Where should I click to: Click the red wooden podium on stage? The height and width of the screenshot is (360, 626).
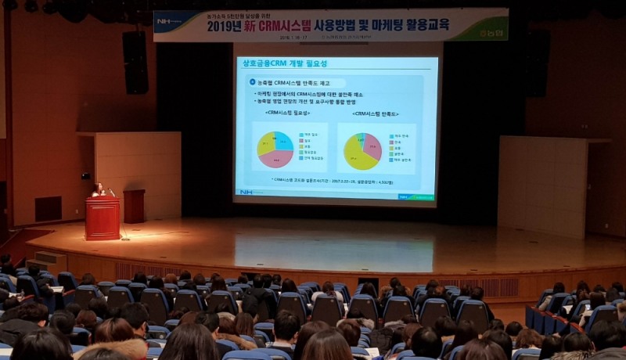[103, 218]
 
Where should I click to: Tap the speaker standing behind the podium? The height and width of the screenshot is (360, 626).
[99, 190]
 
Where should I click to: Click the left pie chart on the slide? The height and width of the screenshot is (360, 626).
[275, 149]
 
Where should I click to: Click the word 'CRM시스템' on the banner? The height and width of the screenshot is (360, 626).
[302, 25]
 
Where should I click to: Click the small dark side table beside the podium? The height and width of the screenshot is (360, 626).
[134, 206]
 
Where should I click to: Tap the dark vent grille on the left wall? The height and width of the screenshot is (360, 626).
[48, 208]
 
